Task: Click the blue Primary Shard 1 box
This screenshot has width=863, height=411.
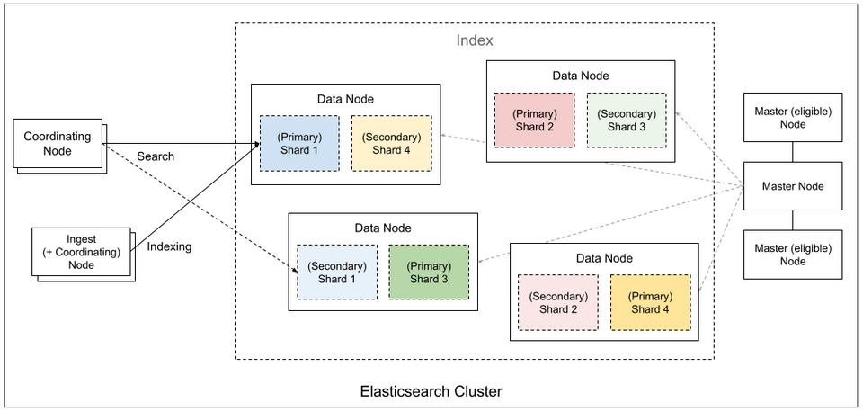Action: click(x=299, y=143)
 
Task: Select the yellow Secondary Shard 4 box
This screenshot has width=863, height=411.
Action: click(x=391, y=143)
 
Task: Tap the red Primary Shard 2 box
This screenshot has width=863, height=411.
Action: click(x=534, y=120)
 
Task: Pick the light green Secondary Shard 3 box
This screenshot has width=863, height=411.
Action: click(x=627, y=120)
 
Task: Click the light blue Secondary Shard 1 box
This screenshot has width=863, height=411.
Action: click(x=337, y=273)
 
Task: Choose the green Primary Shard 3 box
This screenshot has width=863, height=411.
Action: click(x=429, y=273)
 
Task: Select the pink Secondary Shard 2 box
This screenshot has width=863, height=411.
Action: click(x=558, y=302)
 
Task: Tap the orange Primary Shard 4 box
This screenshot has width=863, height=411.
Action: click(x=650, y=302)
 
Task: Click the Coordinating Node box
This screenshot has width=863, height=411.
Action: click(x=57, y=143)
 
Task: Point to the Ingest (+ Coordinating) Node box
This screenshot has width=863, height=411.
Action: click(x=80, y=252)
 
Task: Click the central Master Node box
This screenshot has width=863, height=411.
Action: click(x=792, y=186)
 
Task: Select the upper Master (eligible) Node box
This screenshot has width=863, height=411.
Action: click(x=792, y=117)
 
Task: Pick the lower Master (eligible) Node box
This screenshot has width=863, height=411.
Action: click(x=792, y=254)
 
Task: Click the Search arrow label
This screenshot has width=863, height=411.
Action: click(x=156, y=156)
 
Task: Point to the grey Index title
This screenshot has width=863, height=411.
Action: click(x=475, y=41)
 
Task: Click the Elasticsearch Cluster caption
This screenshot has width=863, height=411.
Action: click(x=431, y=391)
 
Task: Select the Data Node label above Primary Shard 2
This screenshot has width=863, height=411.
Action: click(x=580, y=76)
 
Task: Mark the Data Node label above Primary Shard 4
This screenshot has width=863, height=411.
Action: click(x=603, y=258)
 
